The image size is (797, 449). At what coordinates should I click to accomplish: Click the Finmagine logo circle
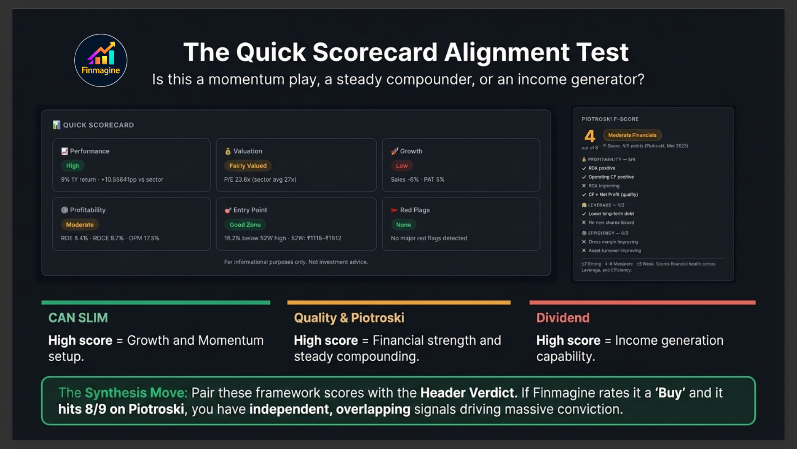coord(101,60)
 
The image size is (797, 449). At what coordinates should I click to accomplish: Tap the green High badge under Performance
coord(73,165)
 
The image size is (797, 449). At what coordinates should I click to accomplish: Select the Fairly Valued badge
coord(248,165)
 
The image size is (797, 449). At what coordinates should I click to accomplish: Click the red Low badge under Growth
coord(401,165)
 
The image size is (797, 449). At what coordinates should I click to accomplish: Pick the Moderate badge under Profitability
coord(80,224)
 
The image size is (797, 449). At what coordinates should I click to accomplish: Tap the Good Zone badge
coord(245,224)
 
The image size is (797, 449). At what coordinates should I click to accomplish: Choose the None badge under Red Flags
coord(403,224)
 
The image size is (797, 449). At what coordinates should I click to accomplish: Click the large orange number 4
coord(589,136)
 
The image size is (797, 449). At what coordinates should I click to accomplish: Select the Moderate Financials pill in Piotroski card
coord(632,135)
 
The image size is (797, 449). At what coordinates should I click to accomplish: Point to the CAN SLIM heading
coord(78,318)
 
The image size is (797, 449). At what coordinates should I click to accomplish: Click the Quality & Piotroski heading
coord(349,318)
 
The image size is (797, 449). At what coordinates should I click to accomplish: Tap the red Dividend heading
coord(562,318)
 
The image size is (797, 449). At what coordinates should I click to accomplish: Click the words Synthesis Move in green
coord(136,392)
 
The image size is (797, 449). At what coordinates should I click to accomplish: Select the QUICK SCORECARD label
coord(98,125)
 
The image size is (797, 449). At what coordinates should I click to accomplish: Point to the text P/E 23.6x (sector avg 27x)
coord(260,180)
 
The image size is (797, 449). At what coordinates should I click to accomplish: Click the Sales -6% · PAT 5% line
coord(417,180)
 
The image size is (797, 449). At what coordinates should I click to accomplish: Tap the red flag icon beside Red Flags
coord(394,210)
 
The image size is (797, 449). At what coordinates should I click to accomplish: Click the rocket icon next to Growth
coord(394,151)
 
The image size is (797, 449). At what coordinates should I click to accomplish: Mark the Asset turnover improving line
coord(614,251)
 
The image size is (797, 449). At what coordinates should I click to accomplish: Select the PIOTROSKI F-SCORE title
coord(610,119)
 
